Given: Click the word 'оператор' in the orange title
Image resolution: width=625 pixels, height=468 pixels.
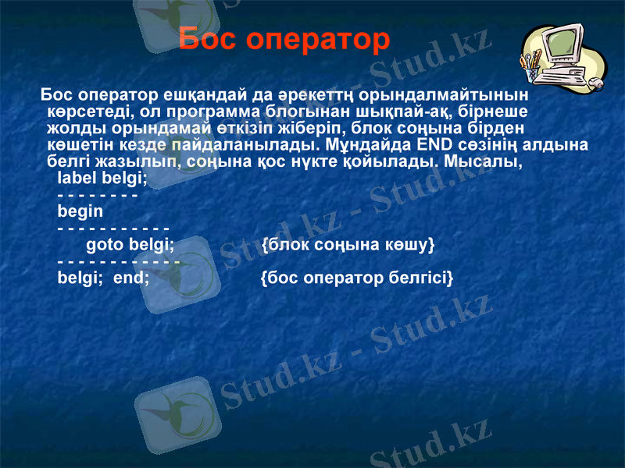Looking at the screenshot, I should (x=320, y=39).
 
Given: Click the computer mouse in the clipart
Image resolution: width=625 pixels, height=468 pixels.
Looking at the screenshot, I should (x=595, y=81).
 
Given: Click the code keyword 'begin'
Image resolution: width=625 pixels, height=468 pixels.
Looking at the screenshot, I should (x=80, y=211).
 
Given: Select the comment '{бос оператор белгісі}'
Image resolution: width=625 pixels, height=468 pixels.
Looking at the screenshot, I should (x=356, y=277).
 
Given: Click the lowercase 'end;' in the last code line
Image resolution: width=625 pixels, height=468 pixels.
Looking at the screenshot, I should (x=132, y=277).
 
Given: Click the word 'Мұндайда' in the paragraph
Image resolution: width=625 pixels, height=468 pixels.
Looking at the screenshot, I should (x=368, y=145).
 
